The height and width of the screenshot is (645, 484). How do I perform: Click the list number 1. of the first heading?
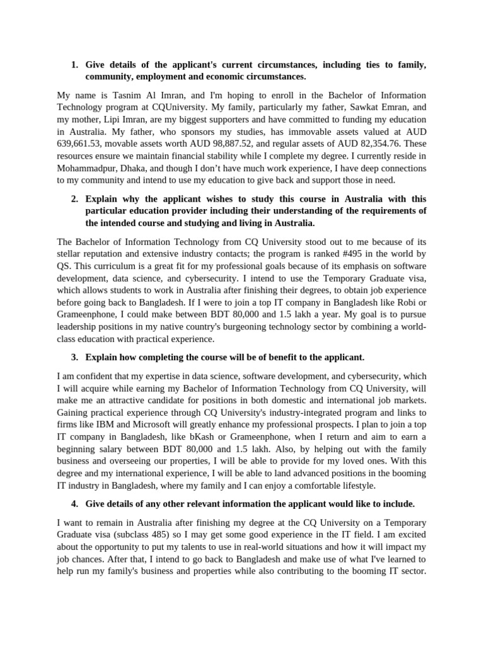(74, 65)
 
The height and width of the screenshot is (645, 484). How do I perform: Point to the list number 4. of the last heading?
(74, 504)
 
